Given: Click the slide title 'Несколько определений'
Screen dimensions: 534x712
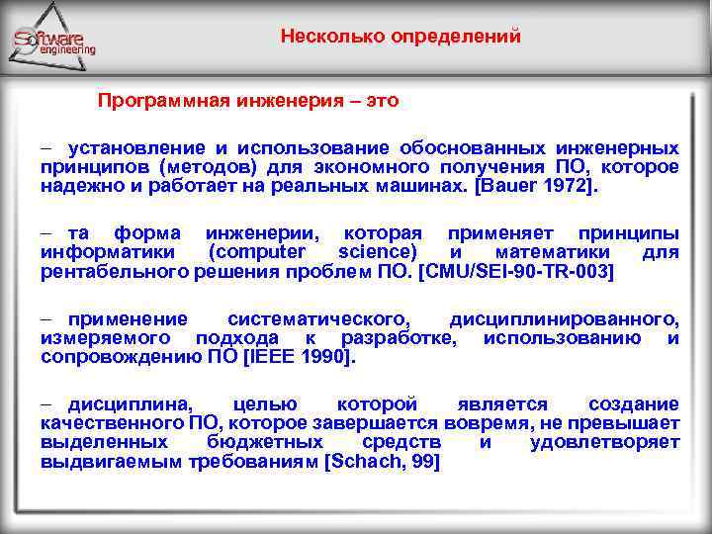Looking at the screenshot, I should click(400, 38).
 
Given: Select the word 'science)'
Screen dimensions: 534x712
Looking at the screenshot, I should click(380, 252).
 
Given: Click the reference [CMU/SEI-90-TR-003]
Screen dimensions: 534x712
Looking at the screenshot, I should click(516, 271).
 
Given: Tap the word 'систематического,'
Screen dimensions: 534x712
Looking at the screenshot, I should click(318, 318).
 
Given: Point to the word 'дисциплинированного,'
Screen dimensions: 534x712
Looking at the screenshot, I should click(564, 318).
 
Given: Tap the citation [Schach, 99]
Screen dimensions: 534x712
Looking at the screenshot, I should click(382, 461).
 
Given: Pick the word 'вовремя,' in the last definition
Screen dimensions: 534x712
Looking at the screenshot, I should click(487, 423).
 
